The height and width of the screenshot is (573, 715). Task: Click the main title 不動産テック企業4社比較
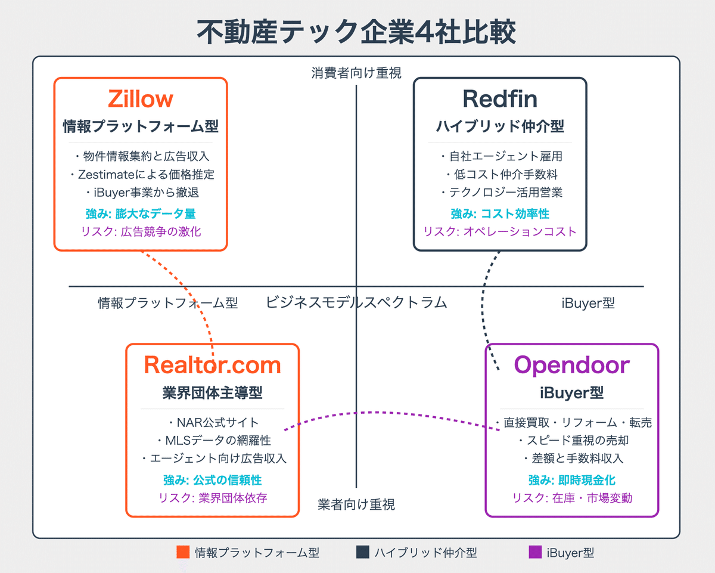point(356,32)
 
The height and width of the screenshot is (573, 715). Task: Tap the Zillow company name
point(141,99)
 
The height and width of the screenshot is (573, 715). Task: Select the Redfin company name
point(500,99)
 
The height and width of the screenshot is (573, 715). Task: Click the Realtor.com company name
point(212,365)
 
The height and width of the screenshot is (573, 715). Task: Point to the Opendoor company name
point(572,365)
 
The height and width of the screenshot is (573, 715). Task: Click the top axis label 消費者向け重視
point(356,73)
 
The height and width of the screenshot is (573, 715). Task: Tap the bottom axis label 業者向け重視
point(356,504)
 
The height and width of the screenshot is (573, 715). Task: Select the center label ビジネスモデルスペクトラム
point(356,303)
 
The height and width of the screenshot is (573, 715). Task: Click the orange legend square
point(183,552)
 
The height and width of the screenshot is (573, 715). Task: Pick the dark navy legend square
point(363,552)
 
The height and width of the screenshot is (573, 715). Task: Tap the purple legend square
point(535,552)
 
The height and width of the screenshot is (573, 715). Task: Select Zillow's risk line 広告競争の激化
point(141,231)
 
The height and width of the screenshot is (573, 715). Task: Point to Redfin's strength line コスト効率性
point(500,213)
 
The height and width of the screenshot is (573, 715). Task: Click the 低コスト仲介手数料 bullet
point(502,174)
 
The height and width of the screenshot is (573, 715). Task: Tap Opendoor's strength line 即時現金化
point(572,480)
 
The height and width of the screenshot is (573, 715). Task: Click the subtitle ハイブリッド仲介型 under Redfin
point(500,126)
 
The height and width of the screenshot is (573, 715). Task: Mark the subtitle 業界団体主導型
point(212,392)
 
